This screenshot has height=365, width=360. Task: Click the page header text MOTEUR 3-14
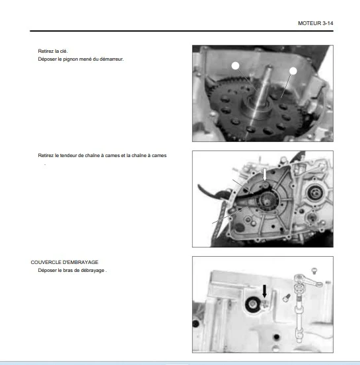click(316, 23)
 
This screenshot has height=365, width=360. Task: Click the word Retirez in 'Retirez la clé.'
click(46, 51)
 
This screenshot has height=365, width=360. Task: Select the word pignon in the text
click(71, 59)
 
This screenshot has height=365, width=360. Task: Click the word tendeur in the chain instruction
click(68, 156)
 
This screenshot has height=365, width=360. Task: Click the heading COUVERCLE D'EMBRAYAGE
click(65, 262)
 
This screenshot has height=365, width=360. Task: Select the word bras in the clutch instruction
click(68, 271)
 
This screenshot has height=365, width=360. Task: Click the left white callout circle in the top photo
click(235, 66)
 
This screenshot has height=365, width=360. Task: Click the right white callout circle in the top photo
click(293, 71)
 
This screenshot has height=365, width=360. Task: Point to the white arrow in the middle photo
click(265, 174)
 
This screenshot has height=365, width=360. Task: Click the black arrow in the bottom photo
click(264, 291)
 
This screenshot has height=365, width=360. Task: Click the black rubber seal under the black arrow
click(253, 304)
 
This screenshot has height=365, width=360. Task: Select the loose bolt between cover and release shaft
click(287, 298)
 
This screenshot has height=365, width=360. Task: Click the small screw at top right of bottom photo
click(314, 271)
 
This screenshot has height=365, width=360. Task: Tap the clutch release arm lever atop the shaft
click(308, 281)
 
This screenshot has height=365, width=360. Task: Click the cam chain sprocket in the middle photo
click(267, 201)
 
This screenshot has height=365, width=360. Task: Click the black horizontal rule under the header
click(182, 31)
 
